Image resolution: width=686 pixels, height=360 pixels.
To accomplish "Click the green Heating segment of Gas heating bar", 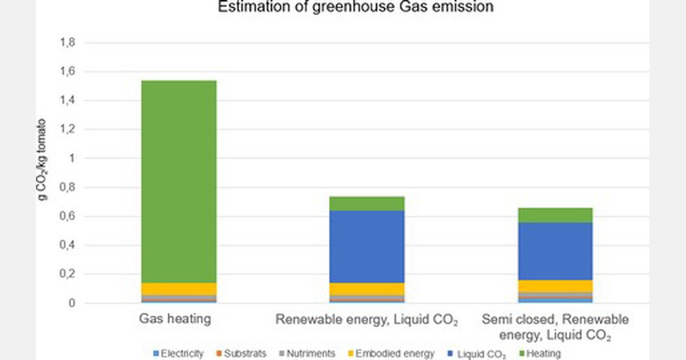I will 180,181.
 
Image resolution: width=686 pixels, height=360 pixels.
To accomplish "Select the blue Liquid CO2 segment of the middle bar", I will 367,246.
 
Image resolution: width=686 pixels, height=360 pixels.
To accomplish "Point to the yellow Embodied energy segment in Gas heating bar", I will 180,289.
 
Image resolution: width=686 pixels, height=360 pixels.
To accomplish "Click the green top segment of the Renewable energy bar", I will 367,203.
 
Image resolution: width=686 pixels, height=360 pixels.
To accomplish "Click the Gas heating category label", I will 175,319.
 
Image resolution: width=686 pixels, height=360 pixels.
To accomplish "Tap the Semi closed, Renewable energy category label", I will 555,326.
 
